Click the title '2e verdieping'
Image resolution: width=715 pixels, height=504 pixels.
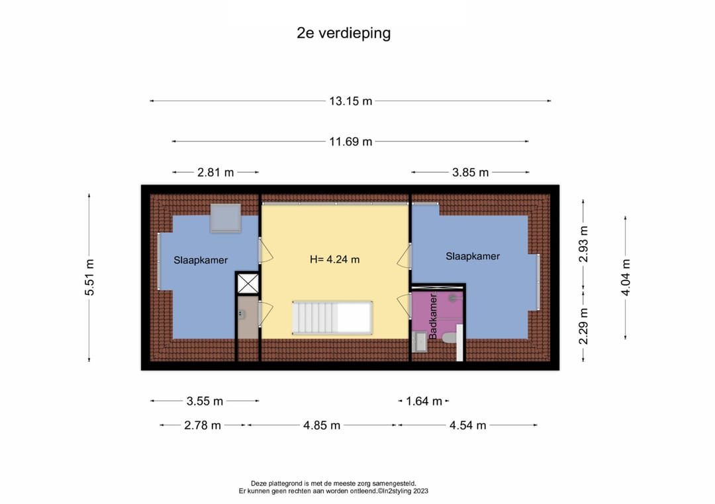344,33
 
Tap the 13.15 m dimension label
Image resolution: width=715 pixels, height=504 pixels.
351,101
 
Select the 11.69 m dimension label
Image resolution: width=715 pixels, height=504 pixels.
351,142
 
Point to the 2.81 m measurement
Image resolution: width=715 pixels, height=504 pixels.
215,172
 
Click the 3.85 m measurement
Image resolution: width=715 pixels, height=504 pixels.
470,172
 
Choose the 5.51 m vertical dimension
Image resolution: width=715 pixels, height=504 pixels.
89,277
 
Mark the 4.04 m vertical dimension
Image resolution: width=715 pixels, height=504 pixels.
626,277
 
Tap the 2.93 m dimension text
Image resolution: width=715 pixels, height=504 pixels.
583,244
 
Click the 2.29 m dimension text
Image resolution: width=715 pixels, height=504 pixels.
583,326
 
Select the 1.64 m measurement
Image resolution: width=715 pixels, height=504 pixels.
424,401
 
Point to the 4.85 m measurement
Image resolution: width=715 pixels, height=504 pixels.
322,425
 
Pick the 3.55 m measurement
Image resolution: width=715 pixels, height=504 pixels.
205,401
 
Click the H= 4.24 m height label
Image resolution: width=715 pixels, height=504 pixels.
335,260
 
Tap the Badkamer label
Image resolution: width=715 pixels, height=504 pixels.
433,315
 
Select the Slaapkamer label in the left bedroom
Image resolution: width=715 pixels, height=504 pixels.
201,260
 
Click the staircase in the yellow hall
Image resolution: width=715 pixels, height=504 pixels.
332,317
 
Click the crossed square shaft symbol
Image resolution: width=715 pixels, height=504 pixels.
248,284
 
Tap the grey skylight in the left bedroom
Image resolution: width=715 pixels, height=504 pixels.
225,218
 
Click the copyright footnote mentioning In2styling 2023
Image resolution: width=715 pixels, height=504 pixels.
333,491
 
